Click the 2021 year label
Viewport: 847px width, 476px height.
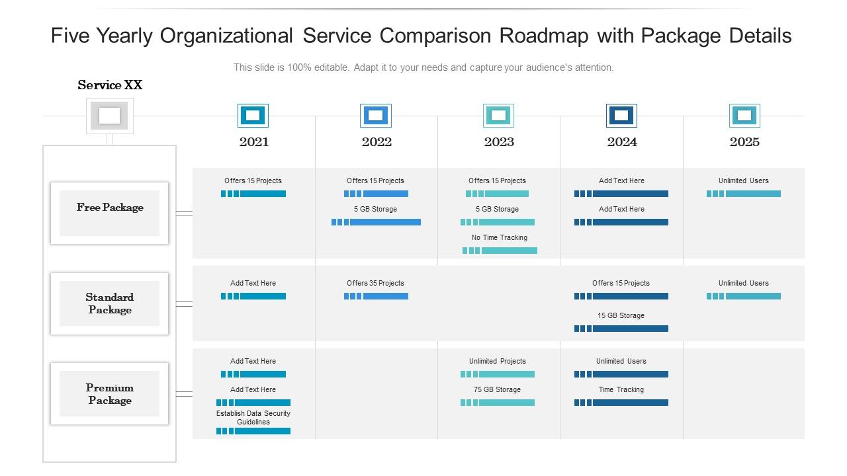point(253,141)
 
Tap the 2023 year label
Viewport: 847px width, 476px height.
point(499,141)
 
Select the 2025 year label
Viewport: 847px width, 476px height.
point(744,141)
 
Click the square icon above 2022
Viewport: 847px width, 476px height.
point(376,116)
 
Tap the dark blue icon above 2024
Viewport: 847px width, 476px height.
point(621,116)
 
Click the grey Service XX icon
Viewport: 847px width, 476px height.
point(110,116)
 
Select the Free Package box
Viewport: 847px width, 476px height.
point(110,213)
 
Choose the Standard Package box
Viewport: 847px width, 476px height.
point(110,303)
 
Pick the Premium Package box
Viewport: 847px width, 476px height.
point(110,394)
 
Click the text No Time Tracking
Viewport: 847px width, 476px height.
point(500,237)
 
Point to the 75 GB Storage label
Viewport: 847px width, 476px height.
point(497,389)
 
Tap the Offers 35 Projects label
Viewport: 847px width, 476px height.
point(375,283)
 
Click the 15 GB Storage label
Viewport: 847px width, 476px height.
point(621,315)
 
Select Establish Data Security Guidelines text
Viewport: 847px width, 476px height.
point(253,417)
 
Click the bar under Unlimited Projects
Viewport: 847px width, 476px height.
point(498,374)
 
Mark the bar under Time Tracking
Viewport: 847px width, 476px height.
point(621,403)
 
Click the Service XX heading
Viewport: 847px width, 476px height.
point(110,85)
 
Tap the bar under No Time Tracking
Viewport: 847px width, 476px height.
point(500,251)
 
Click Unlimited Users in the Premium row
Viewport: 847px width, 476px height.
point(621,361)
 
